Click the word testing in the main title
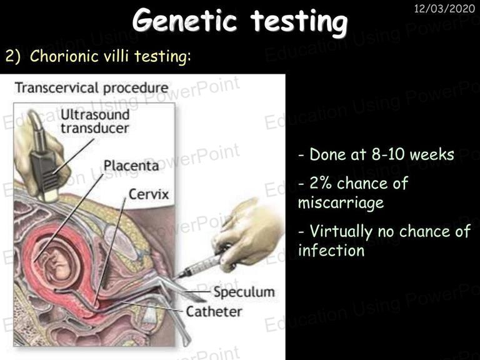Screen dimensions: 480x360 click(x=299, y=21)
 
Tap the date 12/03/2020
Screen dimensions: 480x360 click(x=444, y=8)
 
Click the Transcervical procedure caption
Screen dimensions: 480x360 click(x=91, y=88)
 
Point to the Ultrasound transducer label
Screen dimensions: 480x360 click(x=95, y=121)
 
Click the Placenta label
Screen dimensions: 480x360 click(x=131, y=166)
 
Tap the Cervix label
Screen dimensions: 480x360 click(x=149, y=194)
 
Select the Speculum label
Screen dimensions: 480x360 click(x=244, y=292)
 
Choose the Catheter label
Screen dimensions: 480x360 click(x=214, y=312)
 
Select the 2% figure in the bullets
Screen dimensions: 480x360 click(x=321, y=183)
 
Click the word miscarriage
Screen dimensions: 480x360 click(x=341, y=203)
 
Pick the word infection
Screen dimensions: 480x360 click(x=331, y=251)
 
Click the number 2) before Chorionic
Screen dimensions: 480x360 click(x=12, y=57)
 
